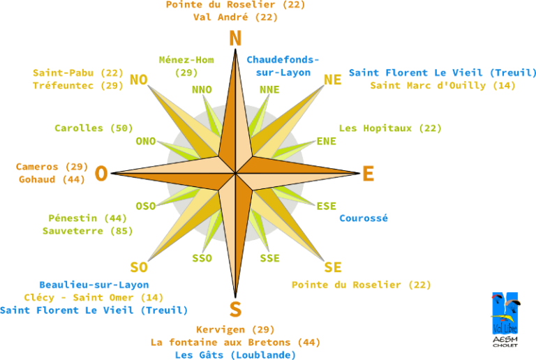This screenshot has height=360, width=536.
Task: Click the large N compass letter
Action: (x=235, y=38)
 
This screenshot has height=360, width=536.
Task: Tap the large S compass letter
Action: (x=235, y=310)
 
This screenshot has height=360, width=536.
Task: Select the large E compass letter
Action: (x=368, y=174)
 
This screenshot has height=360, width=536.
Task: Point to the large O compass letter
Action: (x=101, y=174)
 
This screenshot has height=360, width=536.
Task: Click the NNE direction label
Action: (x=269, y=89)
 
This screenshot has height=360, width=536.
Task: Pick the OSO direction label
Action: (x=146, y=206)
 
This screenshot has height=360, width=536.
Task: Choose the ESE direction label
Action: (x=326, y=206)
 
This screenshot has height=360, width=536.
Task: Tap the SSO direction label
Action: (x=202, y=258)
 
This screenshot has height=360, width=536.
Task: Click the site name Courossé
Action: (x=364, y=218)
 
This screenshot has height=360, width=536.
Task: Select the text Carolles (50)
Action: (x=94, y=128)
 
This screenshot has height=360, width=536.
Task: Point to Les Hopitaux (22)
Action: (x=390, y=128)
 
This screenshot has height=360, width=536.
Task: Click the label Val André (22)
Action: (x=235, y=17)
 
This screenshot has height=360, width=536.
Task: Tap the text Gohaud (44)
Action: (x=52, y=180)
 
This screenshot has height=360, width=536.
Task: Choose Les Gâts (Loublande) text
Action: (x=235, y=355)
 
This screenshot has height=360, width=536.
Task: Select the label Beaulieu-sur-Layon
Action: (x=94, y=285)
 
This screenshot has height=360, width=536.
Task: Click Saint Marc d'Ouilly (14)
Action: (x=442, y=86)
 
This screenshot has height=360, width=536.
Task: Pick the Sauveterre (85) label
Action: (x=87, y=231)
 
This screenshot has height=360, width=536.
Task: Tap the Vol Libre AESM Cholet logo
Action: (x=505, y=320)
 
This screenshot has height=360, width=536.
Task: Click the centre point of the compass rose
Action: (x=235, y=174)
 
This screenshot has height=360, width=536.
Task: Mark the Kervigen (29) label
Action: (x=235, y=330)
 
